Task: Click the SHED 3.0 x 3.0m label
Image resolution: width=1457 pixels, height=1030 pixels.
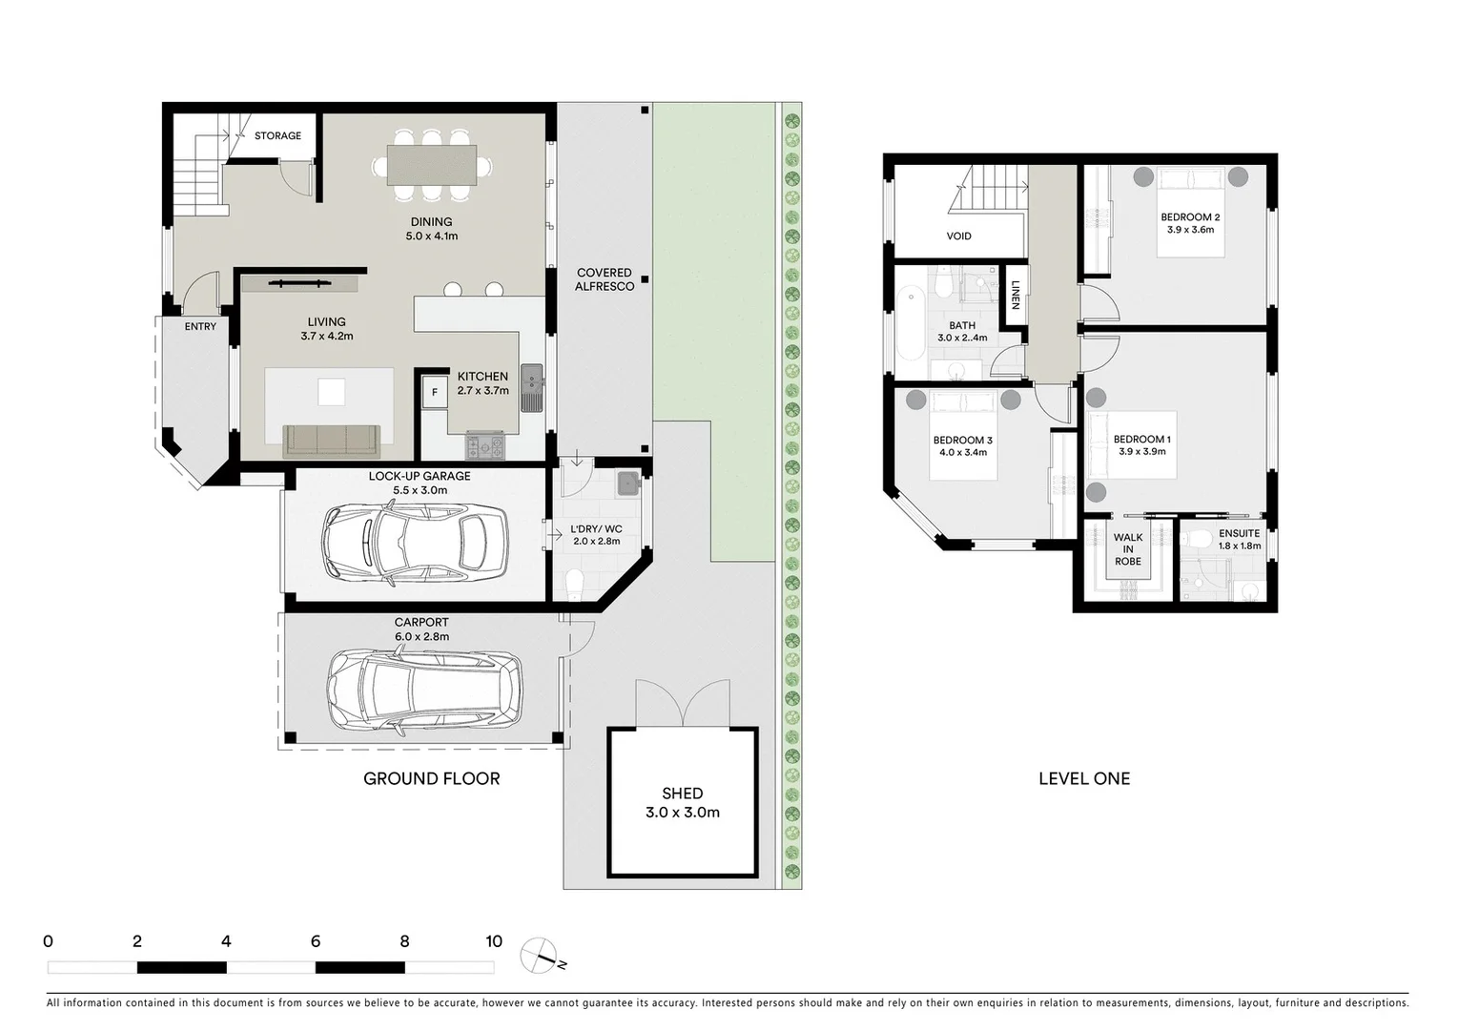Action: click(x=682, y=803)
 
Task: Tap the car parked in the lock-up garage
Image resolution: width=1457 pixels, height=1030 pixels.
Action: click(x=415, y=545)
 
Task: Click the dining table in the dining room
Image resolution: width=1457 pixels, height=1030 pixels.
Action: click(x=432, y=164)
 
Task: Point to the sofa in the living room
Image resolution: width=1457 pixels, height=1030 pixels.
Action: click(x=332, y=441)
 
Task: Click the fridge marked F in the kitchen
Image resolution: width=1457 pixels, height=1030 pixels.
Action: click(x=435, y=392)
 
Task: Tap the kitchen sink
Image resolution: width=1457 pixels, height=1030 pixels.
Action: click(x=531, y=388)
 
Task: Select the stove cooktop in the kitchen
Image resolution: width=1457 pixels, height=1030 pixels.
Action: click(x=485, y=444)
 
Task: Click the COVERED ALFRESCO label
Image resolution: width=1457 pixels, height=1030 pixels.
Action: click(x=605, y=279)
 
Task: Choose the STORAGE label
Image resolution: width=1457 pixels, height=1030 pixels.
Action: click(x=277, y=136)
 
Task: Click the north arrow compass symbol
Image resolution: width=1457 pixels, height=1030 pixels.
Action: click(x=540, y=955)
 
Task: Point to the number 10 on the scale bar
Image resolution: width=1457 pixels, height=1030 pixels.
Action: click(x=493, y=941)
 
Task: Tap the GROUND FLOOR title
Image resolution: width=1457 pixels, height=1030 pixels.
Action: click(x=431, y=778)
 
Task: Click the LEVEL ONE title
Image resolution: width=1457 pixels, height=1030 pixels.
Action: click(x=1084, y=778)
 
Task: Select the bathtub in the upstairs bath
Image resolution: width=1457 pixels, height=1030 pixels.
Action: click(x=911, y=325)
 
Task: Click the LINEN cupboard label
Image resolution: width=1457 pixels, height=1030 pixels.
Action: click(x=1016, y=295)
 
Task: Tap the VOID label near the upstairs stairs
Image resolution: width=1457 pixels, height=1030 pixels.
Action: click(x=958, y=236)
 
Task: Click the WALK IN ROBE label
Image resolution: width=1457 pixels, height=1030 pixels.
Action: click(x=1128, y=549)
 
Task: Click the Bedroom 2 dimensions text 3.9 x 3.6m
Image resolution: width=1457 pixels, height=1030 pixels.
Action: click(x=1190, y=230)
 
